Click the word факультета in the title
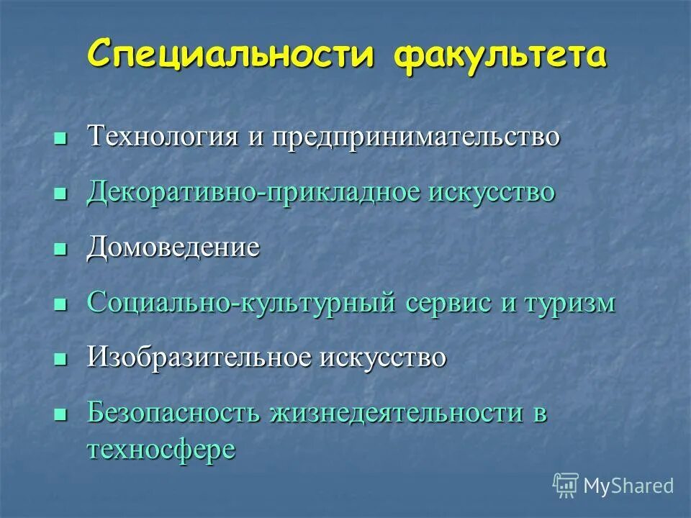click(498, 55)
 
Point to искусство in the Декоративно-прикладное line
click(493, 192)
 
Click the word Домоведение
click(173, 247)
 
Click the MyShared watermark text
click(628, 486)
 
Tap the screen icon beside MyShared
click(566, 485)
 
